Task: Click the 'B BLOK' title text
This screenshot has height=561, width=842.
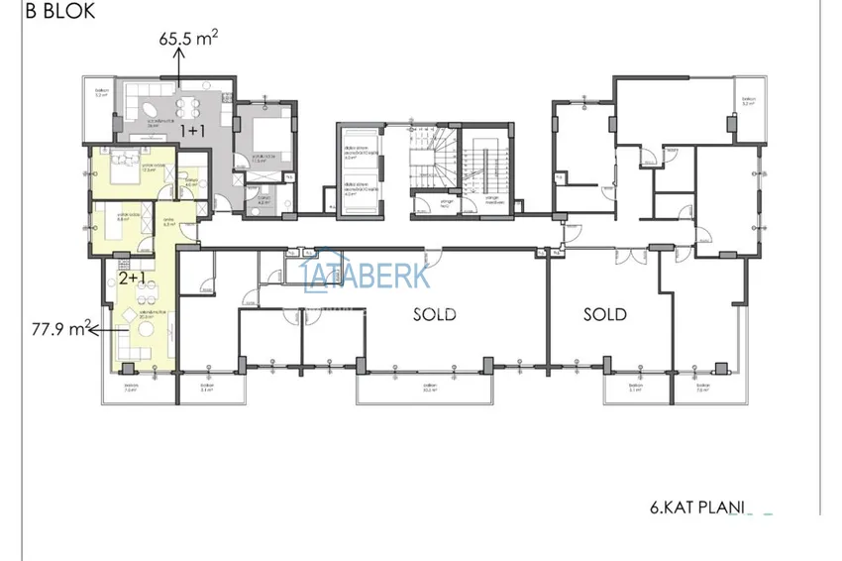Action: point(48,12)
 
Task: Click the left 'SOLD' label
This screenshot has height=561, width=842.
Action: point(435,314)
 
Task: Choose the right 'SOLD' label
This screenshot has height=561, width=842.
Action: point(604,314)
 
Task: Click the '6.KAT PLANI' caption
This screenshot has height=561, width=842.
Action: point(694,505)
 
